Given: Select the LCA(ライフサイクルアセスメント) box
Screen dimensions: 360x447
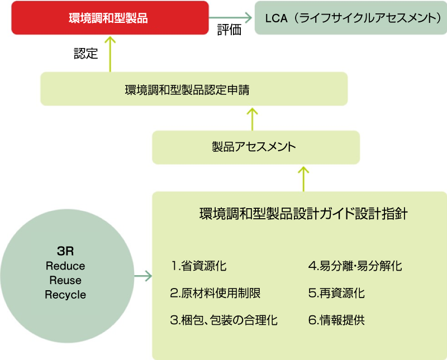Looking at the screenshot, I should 350,17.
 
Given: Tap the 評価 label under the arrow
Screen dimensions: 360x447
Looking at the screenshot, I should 229,31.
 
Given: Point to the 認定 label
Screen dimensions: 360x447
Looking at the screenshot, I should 85,54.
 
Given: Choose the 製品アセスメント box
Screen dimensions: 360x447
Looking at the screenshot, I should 255,147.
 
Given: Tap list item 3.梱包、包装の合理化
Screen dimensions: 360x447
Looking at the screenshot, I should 224,320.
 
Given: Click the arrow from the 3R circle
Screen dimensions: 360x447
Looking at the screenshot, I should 144,276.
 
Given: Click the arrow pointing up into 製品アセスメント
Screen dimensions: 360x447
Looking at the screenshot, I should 304,177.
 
